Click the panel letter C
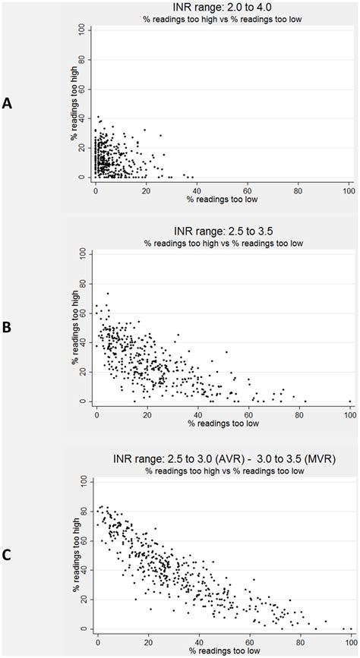pos(7,554)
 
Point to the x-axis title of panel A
pos(222,199)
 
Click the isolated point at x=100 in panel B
pos(349,401)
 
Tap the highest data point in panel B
pos(108,293)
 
